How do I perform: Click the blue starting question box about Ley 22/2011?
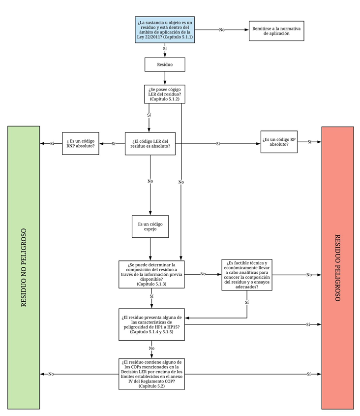pyautogui.click(x=165, y=30)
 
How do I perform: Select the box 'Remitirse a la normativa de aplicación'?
pyautogui.click(x=276, y=30)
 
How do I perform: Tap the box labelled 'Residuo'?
pyautogui.click(x=165, y=64)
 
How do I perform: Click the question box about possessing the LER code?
pyautogui.click(x=165, y=94)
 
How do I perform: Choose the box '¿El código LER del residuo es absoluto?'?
pyautogui.click(x=150, y=144)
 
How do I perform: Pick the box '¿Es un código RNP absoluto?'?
pyautogui.click(x=81, y=144)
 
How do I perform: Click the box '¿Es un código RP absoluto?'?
pyautogui.click(x=279, y=142)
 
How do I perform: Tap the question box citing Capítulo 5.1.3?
pyautogui.click(x=151, y=274)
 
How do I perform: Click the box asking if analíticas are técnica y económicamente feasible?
pyautogui.click(x=246, y=275)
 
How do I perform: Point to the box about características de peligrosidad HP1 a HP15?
pyautogui.click(x=151, y=324)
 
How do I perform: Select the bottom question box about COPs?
pyautogui.click(x=151, y=374)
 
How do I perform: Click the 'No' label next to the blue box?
pyautogui.click(x=222, y=30)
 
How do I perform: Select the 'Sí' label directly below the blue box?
pyautogui.click(x=165, y=50)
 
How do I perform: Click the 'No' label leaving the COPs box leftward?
pyautogui.click(x=51, y=374)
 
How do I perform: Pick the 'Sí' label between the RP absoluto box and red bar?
pyautogui.click(x=309, y=142)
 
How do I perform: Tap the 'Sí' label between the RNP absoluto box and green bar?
pyautogui.click(x=52, y=144)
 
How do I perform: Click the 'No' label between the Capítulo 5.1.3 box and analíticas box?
pyautogui.click(x=203, y=274)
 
